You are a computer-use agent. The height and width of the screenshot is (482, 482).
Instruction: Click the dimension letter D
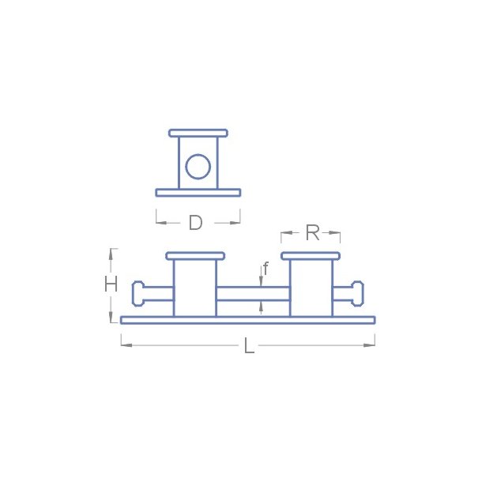195,223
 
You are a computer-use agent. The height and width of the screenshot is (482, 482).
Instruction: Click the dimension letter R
311,232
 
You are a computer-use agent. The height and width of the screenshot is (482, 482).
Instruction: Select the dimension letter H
111,284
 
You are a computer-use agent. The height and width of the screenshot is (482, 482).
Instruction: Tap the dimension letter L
249,345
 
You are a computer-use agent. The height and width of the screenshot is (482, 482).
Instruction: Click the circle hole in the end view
198,168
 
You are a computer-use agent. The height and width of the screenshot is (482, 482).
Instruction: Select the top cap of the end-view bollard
198,133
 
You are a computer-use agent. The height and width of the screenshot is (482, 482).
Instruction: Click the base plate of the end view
198,192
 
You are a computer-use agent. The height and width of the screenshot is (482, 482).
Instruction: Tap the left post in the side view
194,288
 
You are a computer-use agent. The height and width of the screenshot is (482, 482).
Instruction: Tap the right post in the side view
311,288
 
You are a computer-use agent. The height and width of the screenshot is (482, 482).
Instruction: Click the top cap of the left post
195,255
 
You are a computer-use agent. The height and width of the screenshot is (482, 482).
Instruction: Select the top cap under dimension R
311,255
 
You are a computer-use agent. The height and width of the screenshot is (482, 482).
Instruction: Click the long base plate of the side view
247,320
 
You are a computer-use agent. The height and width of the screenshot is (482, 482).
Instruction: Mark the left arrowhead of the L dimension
125,345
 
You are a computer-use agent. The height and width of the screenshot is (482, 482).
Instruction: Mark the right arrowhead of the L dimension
371,345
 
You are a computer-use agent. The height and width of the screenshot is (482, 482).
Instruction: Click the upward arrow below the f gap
262,307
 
